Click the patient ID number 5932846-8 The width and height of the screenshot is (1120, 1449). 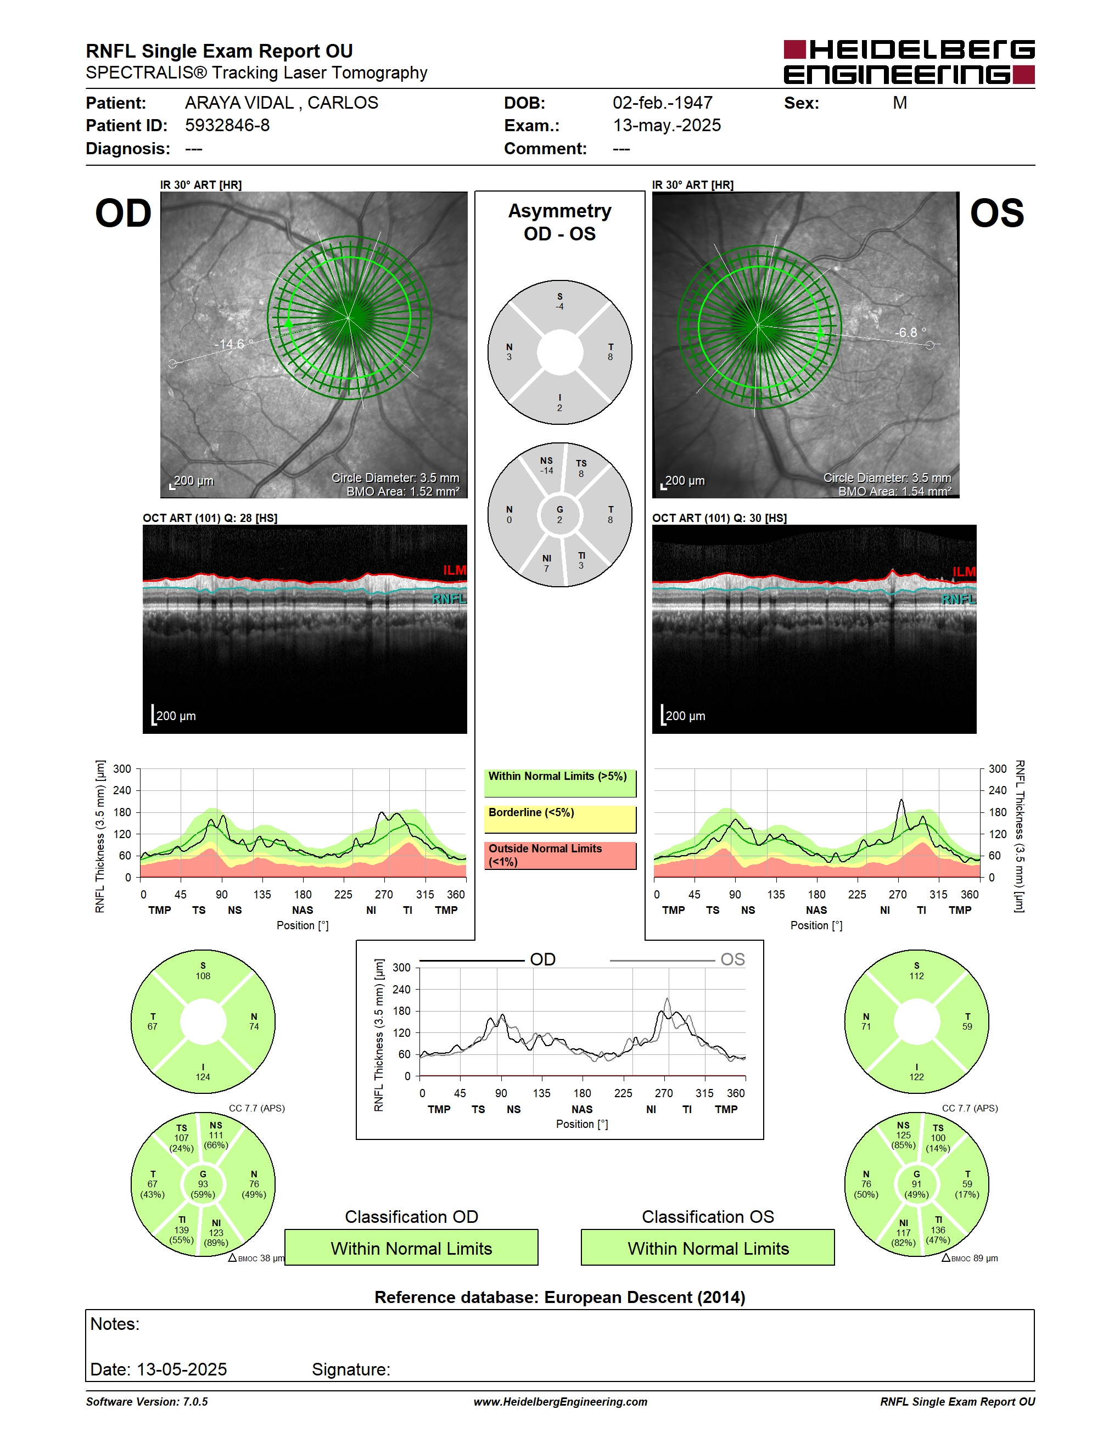(227, 125)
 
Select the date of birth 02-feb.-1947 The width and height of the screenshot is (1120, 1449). (662, 103)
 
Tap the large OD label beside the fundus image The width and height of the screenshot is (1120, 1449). (124, 214)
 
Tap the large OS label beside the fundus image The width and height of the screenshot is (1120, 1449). (996, 214)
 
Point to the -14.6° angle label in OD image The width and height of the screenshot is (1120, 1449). (233, 344)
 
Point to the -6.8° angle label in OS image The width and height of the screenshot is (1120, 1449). (910, 333)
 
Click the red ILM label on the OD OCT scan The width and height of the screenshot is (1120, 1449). (455, 570)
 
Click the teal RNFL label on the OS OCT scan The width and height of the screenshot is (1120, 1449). (958, 599)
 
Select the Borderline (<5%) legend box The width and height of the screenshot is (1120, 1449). (560, 819)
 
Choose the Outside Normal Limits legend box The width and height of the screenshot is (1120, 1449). (560, 855)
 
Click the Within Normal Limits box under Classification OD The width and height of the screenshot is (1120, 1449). (411, 1248)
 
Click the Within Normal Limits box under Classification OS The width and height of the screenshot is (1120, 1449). (708, 1248)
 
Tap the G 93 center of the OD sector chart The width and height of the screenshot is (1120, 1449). (203, 1184)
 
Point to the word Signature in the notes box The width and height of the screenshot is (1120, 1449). (351, 1369)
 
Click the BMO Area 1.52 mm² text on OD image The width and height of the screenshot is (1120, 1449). (403, 492)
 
